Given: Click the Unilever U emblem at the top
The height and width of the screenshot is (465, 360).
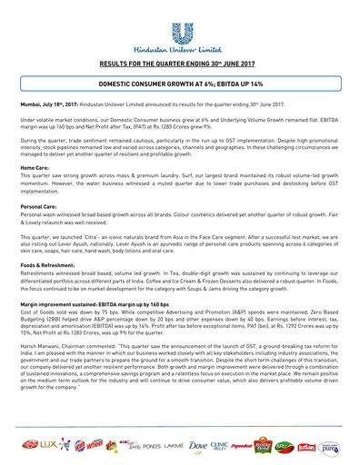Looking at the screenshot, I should tap(180, 25).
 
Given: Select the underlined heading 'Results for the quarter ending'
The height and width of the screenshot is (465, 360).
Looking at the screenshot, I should tap(179, 64).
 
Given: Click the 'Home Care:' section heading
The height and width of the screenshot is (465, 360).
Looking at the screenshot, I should tap(35, 168).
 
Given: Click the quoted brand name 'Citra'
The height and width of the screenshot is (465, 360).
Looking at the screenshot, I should tap(111, 231).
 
